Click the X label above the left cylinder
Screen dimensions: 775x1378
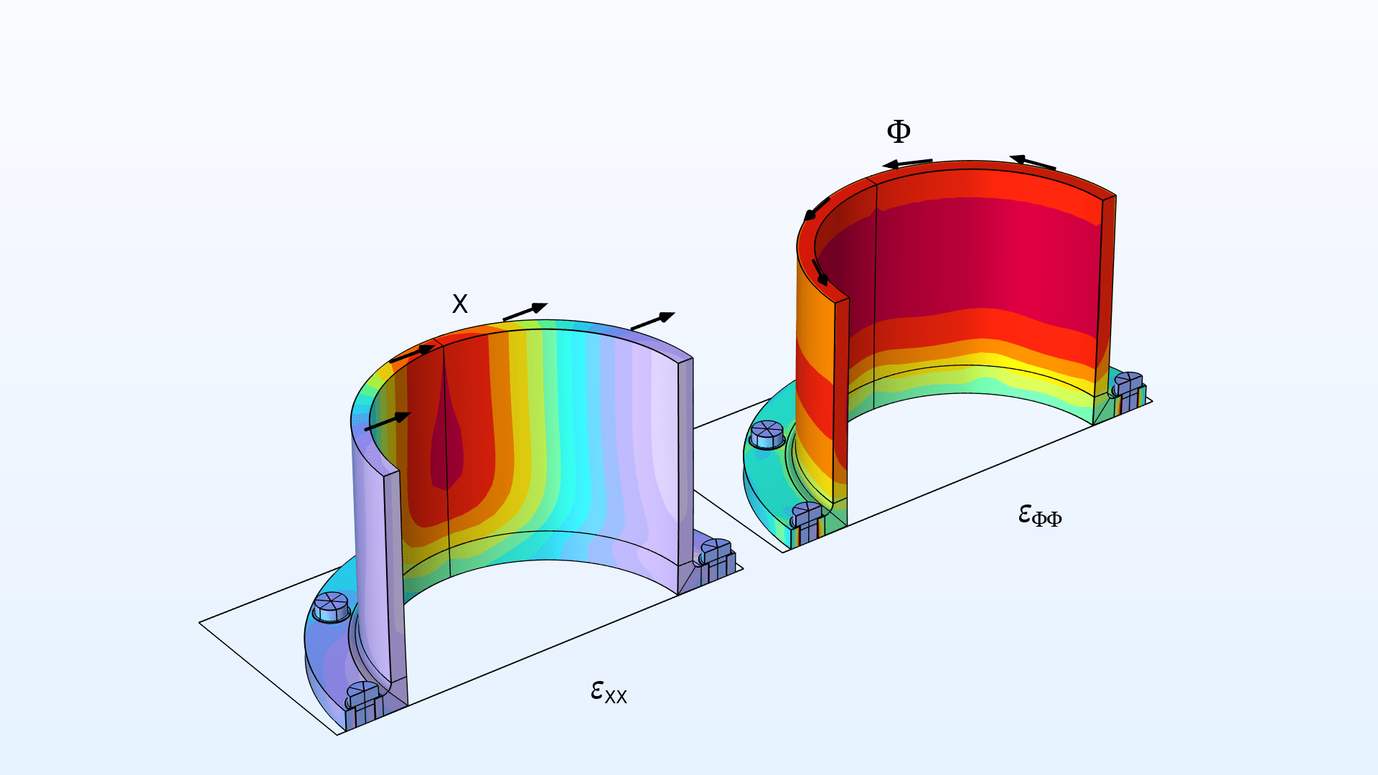[460, 304]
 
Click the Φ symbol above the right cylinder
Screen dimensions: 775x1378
[899, 131]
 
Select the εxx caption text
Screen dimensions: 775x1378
[609, 692]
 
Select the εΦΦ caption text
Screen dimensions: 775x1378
[1040, 515]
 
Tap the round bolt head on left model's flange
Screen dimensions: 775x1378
[331, 607]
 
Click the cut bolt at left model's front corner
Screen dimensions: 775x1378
[363, 705]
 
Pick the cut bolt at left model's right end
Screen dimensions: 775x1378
[717, 560]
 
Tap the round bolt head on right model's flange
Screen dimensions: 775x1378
[767, 434]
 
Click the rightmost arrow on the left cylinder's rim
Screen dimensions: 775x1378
[652, 321]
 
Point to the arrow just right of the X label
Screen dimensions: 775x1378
[525, 312]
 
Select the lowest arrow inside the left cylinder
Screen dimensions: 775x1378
[388, 422]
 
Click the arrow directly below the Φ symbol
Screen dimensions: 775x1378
[907, 163]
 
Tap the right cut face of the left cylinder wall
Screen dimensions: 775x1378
[685, 474]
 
